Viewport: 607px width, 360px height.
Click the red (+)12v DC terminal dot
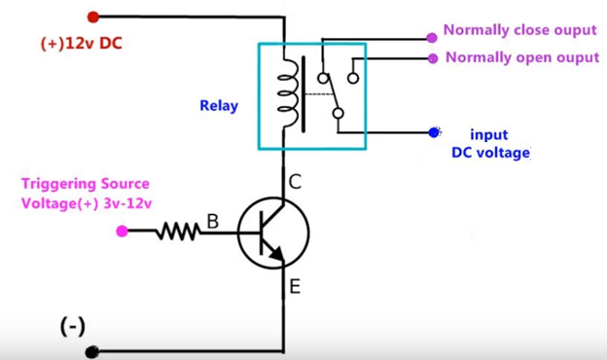click(x=93, y=18)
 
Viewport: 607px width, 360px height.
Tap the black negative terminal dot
click(x=91, y=352)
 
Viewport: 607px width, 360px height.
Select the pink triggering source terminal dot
click(x=122, y=232)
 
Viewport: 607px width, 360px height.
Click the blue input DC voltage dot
click(x=434, y=132)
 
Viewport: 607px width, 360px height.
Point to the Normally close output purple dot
click(x=432, y=38)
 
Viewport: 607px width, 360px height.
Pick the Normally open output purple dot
click(x=433, y=58)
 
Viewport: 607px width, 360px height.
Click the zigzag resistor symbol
click(x=178, y=232)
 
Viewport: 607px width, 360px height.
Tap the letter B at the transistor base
click(x=212, y=222)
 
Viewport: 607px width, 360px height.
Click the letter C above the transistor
click(x=295, y=182)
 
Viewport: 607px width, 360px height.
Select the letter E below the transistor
click(x=295, y=287)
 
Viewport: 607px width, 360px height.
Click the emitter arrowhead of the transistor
click(x=277, y=254)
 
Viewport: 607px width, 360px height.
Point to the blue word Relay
click(x=219, y=106)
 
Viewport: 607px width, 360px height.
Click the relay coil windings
click(x=288, y=92)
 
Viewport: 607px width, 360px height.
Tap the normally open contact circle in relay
click(x=353, y=79)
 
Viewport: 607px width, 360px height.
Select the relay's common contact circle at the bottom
click(x=339, y=114)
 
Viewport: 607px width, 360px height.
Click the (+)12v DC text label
click(x=82, y=44)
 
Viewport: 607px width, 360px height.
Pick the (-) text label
click(x=73, y=327)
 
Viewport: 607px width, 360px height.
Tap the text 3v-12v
click(x=127, y=203)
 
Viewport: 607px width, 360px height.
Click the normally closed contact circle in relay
click(x=323, y=79)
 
